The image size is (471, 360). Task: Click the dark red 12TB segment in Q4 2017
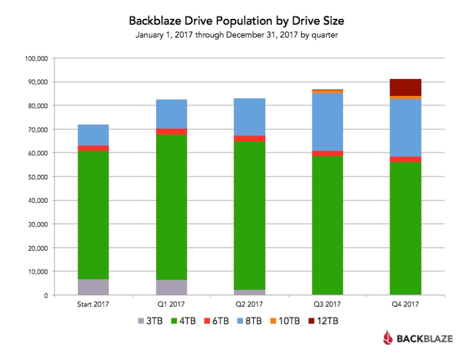(x=405, y=87)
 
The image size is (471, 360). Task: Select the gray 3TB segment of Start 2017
(x=93, y=287)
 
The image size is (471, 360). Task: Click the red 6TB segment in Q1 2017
(x=171, y=132)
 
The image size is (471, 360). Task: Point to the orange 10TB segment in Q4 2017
(x=405, y=98)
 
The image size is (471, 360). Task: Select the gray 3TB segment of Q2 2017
(x=249, y=293)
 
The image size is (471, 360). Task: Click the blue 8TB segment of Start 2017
(x=93, y=135)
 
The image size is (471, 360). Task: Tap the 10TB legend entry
(x=296, y=320)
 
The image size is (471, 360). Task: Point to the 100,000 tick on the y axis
(x=35, y=58)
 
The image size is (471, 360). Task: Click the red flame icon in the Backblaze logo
(x=388, y=338)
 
